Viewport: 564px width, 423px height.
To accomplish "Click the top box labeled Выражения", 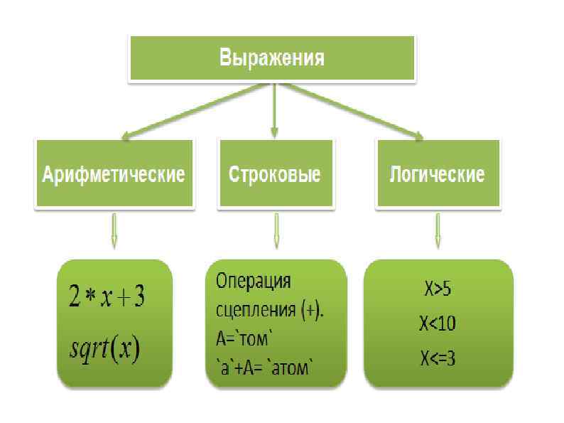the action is [x=271, y=58].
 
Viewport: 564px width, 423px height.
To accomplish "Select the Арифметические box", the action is [x=114, y=174].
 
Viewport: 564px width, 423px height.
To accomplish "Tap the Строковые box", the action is [x=275, y=174].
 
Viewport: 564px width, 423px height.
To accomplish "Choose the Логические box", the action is [x=437, y=174].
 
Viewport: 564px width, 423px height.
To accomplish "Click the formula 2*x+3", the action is [x=109, y=298].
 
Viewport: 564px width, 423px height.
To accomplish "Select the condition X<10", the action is [x=438, y=323].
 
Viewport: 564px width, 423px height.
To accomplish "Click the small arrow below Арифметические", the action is [x=114, y=232].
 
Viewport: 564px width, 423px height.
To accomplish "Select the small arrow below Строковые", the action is [x=276, y=232].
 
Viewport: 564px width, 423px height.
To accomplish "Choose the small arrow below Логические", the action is [x=438, y=232].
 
